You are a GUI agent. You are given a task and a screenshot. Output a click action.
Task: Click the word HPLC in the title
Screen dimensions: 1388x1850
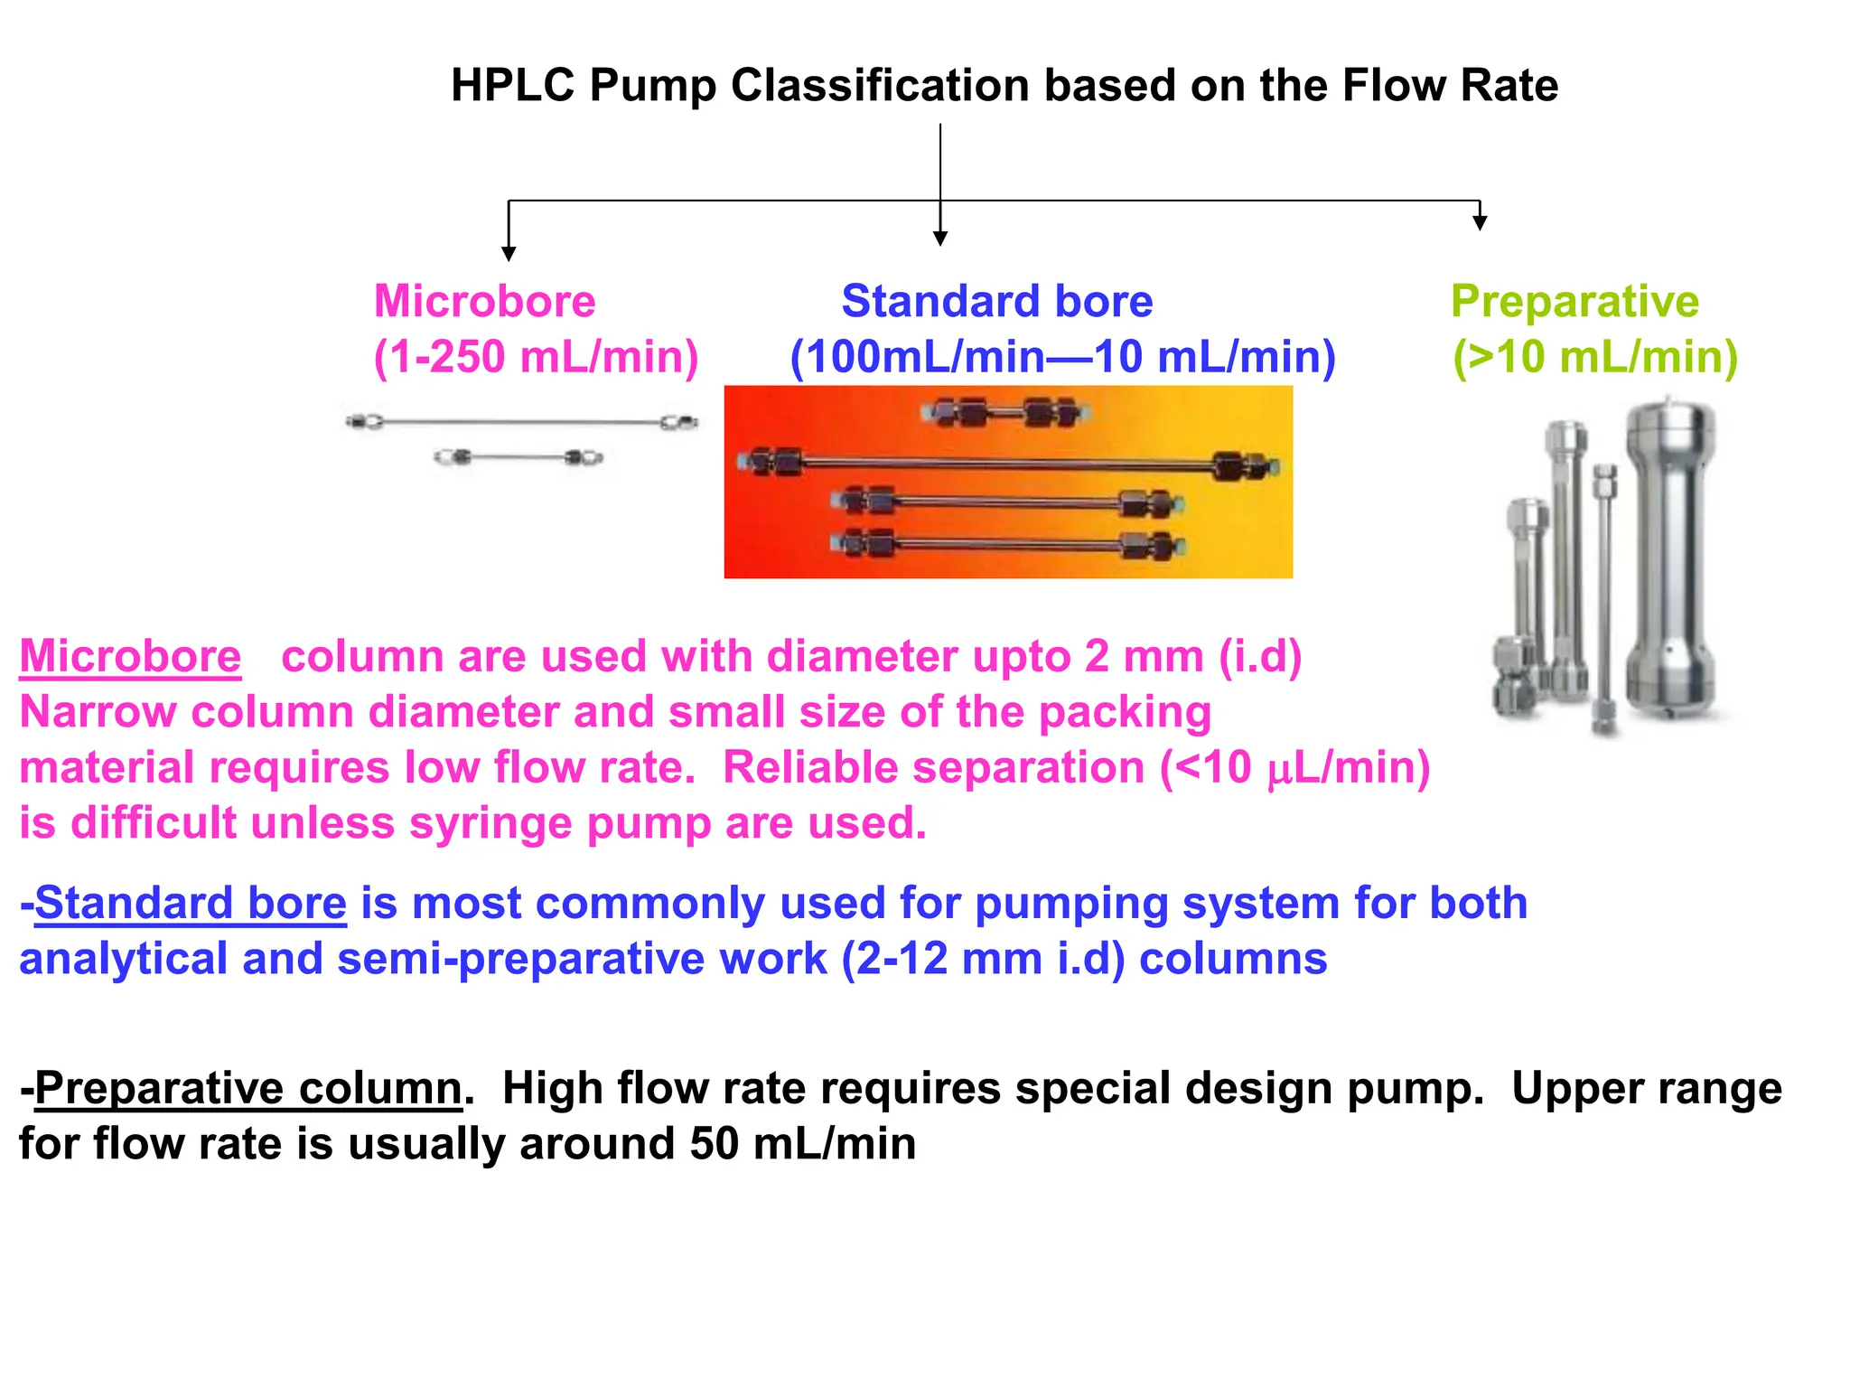pyautogui.click(x=512, y=86)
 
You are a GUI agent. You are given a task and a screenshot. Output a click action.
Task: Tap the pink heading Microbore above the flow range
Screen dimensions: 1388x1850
pyautogui.click(x=485, y=301)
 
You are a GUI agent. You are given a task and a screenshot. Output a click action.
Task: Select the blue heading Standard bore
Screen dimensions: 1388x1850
pyautogui.click(x=996, y=301)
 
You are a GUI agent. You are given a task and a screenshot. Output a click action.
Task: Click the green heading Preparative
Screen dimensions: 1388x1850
pyautogui.click(x=1574, y=301)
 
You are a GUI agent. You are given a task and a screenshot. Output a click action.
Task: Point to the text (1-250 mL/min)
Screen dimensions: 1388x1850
pyautogui.click(x=537, y=357)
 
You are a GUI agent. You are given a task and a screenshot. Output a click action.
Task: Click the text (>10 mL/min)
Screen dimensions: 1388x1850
pyautogui.click(x=1595, y=357)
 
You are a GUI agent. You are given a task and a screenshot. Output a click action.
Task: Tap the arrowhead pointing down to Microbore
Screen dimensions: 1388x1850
pyautogui.click(x=509, y=254)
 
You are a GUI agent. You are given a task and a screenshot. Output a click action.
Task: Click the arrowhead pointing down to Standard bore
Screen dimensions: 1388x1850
pyautogui.click(x=940, y=239)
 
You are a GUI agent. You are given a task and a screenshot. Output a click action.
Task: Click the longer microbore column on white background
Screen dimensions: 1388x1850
pyautogui.click(x=522, y=422)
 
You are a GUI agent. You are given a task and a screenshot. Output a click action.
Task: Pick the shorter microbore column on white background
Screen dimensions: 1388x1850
pyautogui.click(x=519, y=457)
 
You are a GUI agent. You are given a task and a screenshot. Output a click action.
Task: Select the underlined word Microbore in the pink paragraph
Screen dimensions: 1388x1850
pyautogui.click(x=130, y=656)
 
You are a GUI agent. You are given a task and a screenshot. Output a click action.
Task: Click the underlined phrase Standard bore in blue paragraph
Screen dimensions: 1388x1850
pyautogui.click(x=191, y=903)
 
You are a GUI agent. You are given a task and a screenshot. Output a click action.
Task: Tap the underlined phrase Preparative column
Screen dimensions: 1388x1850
pyautogui.click(x=248, y=1088)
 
